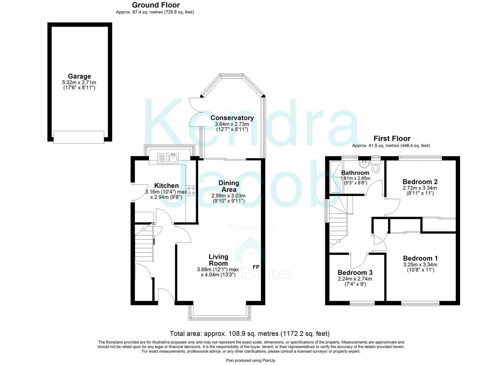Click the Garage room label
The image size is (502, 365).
click(79, 76)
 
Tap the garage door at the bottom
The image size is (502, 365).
click(79, 137)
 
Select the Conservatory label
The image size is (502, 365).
click(232, 118)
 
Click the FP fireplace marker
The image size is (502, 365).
click(256, 267)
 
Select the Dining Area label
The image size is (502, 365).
click(229, 186)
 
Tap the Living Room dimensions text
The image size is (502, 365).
click(218, 272)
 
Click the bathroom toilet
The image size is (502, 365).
click(376, 167)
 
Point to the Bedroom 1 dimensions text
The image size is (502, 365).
click(420, 267)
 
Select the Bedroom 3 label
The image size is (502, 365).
click(355, 273)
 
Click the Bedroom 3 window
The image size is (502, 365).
click(362, 303)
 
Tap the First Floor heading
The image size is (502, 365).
click(392, 139)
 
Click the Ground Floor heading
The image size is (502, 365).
click(156, 5)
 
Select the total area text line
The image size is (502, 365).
click(249, 334)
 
